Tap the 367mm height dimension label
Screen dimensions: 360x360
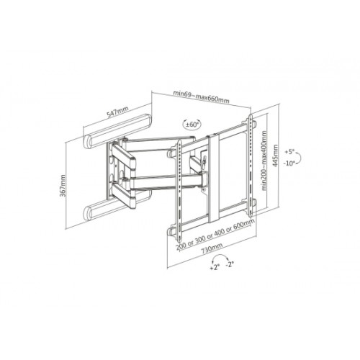point(63,186)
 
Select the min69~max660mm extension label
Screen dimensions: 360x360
point(201,96)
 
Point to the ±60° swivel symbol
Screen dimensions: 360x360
point(192,125)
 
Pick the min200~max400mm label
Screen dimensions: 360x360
point(264,161)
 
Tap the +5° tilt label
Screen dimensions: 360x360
point(289,152)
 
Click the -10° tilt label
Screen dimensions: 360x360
point(289,163)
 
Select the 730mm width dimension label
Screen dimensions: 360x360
point(212,248)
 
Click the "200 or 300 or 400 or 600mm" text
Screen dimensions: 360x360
point(215,235)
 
